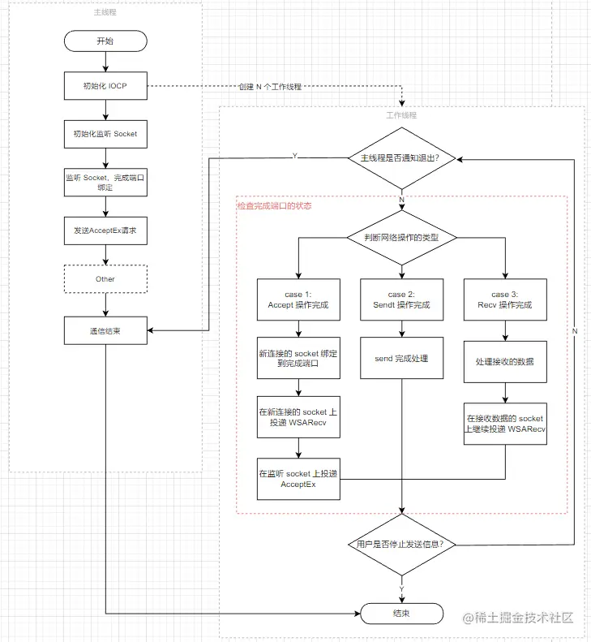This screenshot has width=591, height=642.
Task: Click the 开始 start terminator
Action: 105,41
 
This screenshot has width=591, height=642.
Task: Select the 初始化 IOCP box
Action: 105,86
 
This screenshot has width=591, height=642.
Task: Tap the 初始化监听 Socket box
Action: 105,134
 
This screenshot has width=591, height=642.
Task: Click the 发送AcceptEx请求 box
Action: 105,231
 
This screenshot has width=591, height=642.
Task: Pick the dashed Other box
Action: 105,278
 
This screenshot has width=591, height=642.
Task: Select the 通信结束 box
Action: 105,330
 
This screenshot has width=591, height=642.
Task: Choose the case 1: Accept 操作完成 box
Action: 299,299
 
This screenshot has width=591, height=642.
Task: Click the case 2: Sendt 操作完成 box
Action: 402,299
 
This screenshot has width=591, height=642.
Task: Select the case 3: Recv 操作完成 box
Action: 506,299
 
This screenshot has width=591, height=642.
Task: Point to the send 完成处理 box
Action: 402,358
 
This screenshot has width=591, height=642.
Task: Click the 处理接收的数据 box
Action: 506,361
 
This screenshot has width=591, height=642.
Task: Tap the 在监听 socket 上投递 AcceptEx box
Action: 299,478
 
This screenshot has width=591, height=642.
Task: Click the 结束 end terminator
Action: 402,613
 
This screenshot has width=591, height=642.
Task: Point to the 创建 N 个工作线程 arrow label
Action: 270,87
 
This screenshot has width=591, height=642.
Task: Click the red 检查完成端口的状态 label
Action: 274,206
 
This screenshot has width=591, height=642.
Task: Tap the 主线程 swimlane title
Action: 105,12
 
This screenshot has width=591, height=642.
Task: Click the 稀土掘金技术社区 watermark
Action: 519,618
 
